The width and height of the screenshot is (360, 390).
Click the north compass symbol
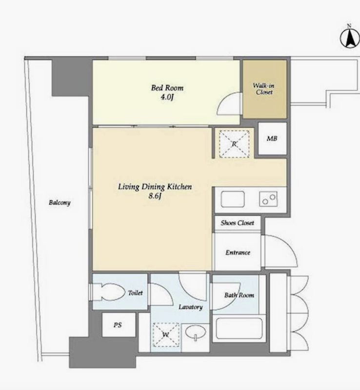tap(350, 38)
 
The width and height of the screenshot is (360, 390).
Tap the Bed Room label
tap(167, 88)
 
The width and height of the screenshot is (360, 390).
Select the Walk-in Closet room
tap(265, 89)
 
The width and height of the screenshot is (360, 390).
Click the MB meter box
tap(272, 138)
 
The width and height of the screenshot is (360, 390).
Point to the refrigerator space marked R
tap(234, 144)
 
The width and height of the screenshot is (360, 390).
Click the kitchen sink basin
tap(233, 199)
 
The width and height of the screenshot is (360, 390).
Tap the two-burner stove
tap(268, 199)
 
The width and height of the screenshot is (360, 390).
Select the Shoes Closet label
tap(237, 223)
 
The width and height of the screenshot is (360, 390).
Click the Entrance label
tap(238, 253)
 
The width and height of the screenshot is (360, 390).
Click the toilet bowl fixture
tap(110, 292)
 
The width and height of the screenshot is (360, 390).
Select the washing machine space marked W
tap(166, 335)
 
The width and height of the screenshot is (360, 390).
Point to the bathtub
tap(239, 328)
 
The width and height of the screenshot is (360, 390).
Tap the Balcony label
tap(60, 203)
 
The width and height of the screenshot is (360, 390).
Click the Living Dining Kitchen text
tap(155, 187)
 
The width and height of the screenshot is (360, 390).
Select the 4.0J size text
tap(167, 97)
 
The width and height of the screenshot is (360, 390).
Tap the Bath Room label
tap(239, 295)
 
